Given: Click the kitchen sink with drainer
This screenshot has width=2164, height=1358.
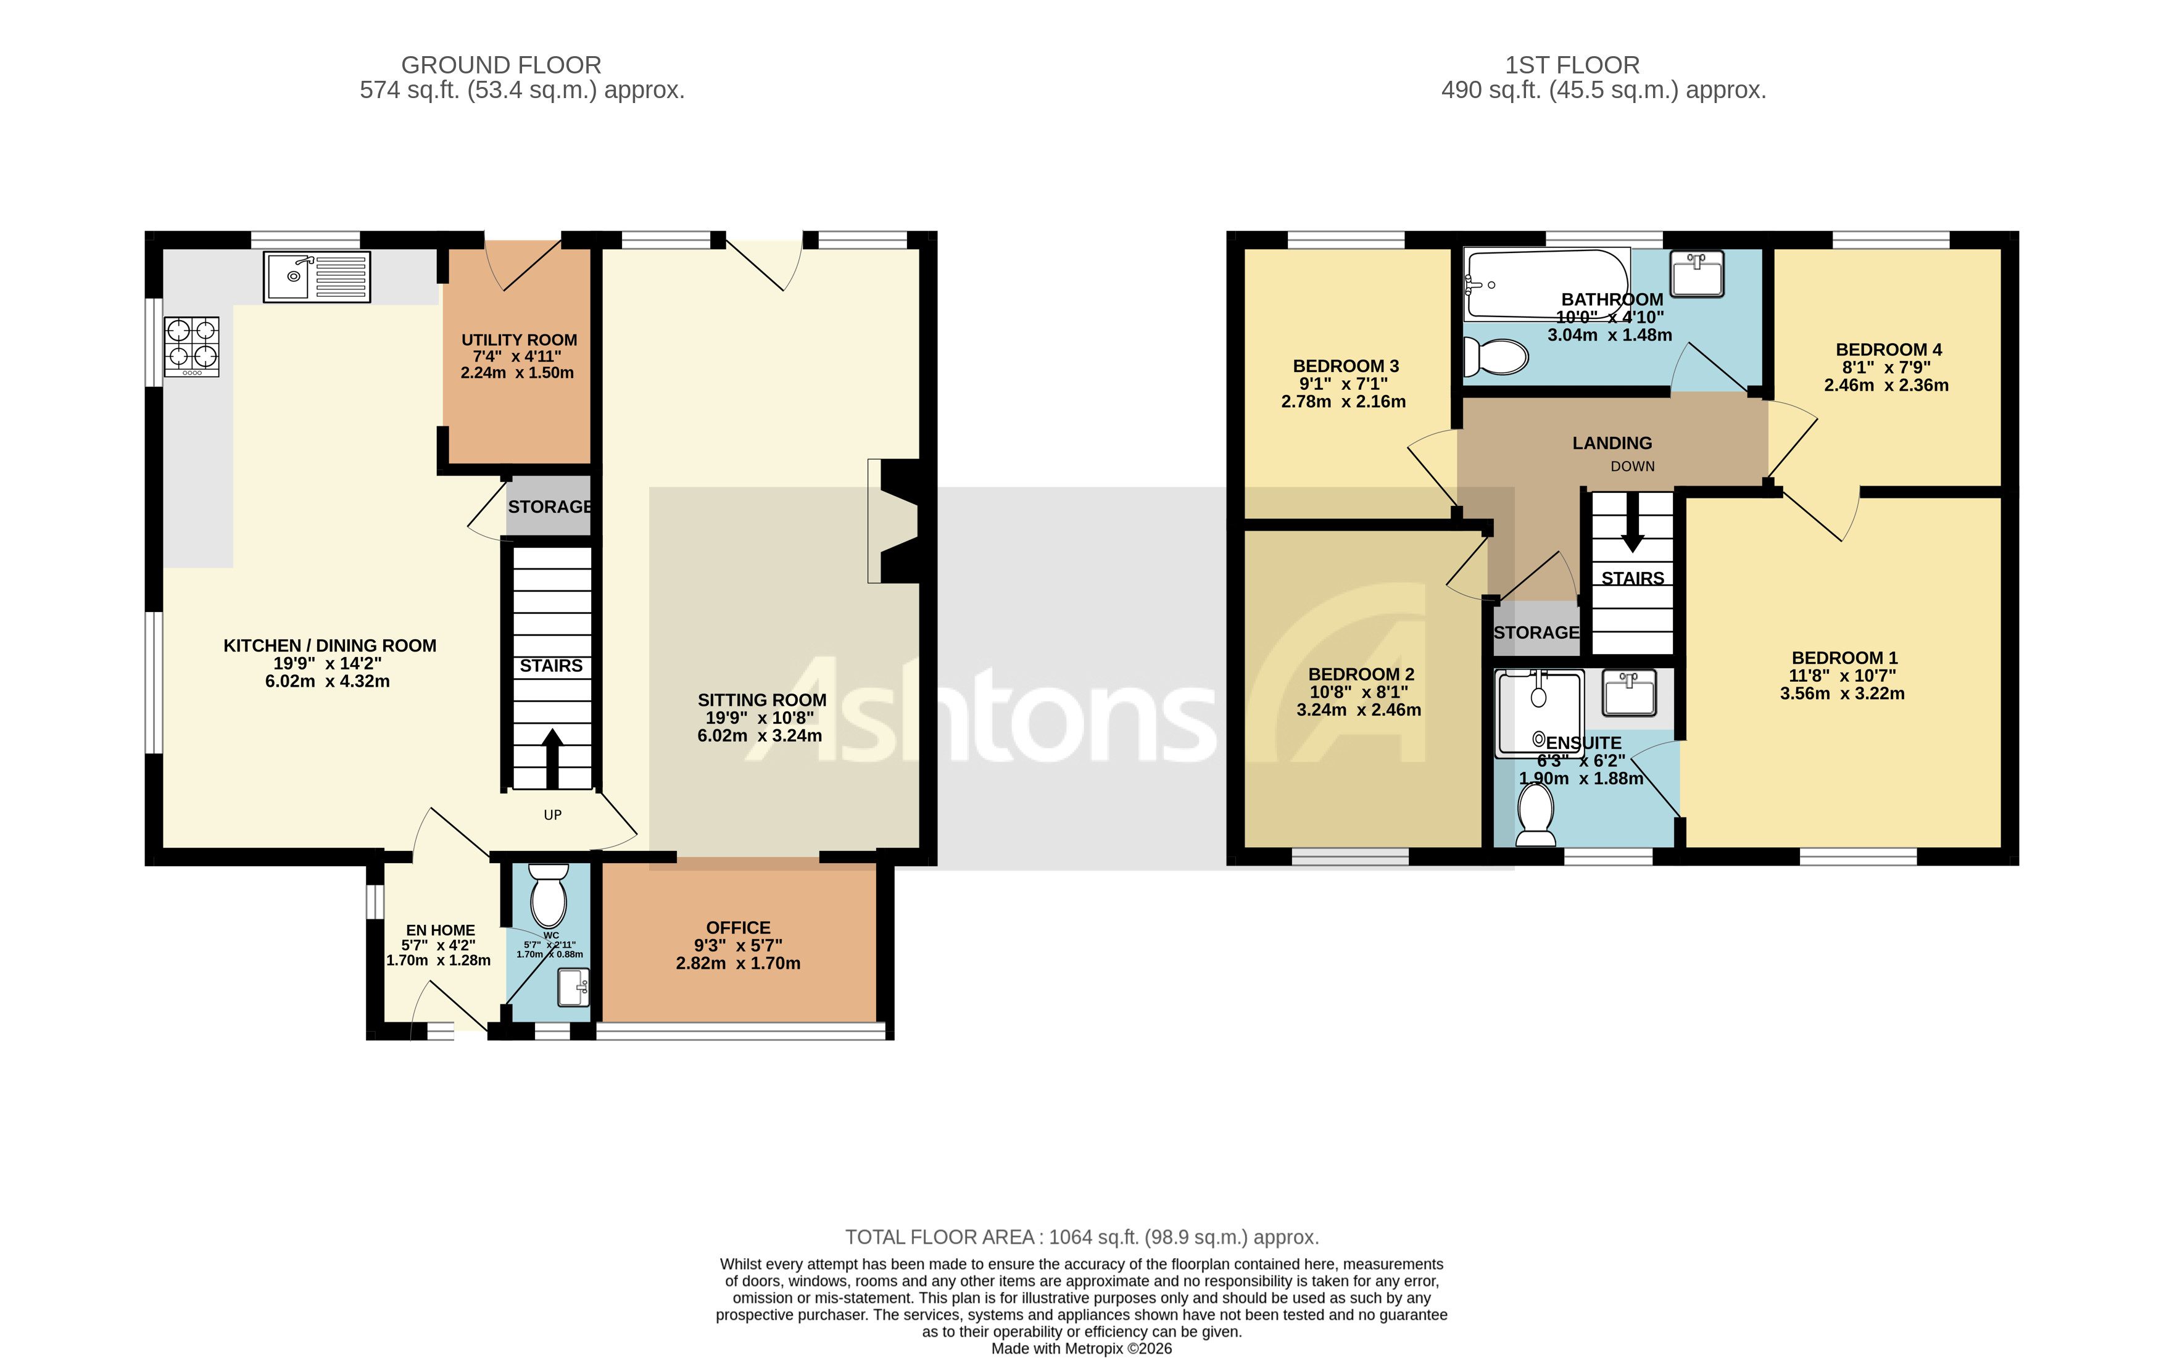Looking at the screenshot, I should click(x=316, y=276).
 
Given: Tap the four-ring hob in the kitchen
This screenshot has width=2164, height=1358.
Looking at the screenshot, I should click(x=191, y=347).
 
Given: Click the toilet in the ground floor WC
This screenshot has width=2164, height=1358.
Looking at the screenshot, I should click(x=548, y=895).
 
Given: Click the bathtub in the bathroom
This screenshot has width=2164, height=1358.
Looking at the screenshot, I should click(x=1545, y=284).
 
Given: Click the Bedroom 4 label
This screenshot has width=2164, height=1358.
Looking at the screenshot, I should click(x=1888, y=349).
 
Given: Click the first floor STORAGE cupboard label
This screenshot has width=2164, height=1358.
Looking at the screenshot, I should click(x=1535, y=632).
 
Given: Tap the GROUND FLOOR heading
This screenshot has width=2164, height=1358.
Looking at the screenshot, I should click(x=500, y=65).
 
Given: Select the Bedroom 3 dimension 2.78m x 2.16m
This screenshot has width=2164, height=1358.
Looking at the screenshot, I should click(x=1342, y=402).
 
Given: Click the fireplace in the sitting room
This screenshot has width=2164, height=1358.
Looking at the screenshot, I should click(x=894, y=521).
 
